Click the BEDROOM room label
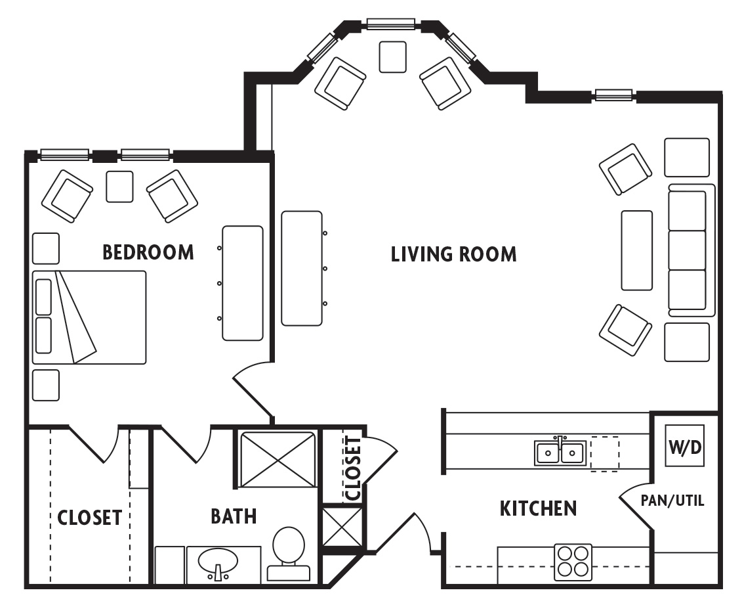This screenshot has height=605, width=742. tap(148, 252)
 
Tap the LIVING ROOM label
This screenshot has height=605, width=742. tap(453, 254)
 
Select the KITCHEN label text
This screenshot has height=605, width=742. tap(538, 508)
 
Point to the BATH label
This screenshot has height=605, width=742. tap(234, 516)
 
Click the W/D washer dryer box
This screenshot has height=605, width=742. tap(685, 446)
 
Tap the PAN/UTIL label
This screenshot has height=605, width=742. tap(672, 501)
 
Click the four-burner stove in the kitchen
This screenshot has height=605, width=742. tap(573, 562)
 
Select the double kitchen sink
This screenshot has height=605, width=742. tap(560, 453)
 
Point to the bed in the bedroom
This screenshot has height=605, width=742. tap(89, 317)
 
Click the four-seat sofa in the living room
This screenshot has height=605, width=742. tap(690, 250)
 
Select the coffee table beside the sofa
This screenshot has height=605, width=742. tap(636, 250)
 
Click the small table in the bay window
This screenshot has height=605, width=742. tap(392, 56)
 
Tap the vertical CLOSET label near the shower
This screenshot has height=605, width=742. tap(353, 467)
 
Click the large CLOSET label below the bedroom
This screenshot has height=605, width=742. tap(89, 518)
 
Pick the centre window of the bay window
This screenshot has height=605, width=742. tap(390, 24)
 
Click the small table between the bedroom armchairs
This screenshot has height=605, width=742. tap(119, 187)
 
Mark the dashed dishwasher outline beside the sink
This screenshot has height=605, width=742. tap(604, 453)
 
